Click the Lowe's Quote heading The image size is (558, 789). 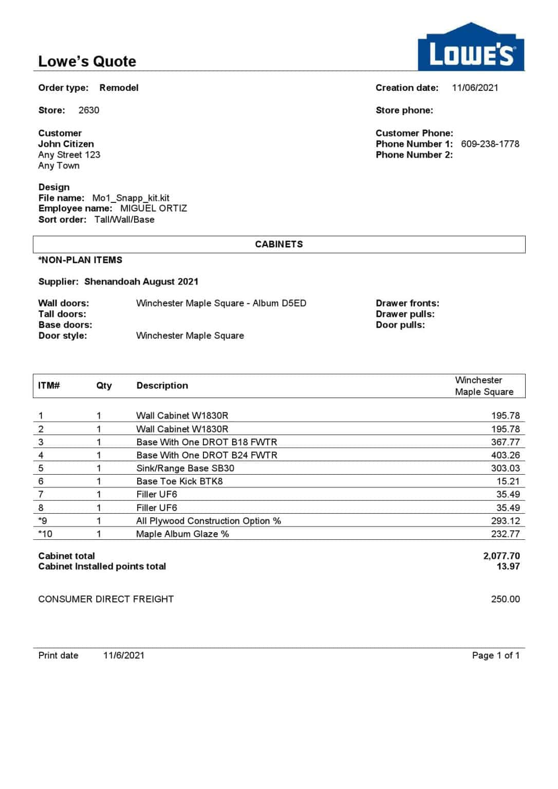(x=87, y=62)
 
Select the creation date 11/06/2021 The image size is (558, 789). (x=475, y=88)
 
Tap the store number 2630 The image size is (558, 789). (x=89, y=110)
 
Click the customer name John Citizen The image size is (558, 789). (x=66, y=144)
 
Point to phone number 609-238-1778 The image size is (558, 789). (x=490, y=144)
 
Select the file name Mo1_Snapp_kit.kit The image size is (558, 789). (x=131, y=198)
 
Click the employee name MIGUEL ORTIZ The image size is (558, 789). (x=153, y=209)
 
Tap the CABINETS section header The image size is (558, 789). (x=278, y=245)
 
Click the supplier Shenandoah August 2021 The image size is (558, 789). (x=141, y=282)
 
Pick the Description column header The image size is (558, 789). (x=162, y=386)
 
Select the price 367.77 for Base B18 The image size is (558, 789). (x=505, y=442)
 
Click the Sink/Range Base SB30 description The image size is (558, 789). (x=185, y=468)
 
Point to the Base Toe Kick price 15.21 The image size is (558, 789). (x=508, y=482)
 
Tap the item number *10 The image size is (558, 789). (x=45, y=534)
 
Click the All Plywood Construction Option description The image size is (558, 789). (x=208, y=521)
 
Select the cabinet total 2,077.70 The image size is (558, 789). (x=501, y=556)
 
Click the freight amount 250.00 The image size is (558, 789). (x=505, y=599)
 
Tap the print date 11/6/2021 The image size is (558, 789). (x=123, y=656)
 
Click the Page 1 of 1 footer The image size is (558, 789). (x=495, y=656)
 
